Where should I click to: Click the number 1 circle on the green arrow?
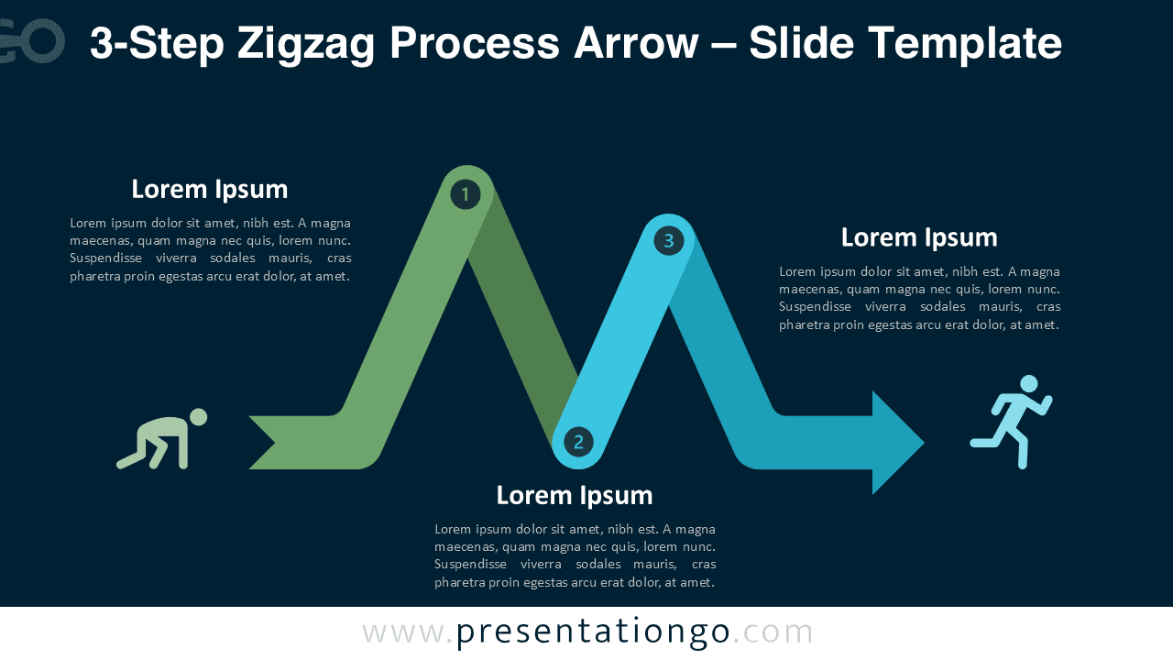(466, 194)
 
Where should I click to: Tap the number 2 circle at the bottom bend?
(578, 442)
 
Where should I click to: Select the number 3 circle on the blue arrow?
(668, 241)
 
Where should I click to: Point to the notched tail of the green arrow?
(270, 443)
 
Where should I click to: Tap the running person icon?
(1012, 422)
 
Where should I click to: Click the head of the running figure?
(1029, 383)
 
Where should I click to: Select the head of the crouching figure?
(198, 418)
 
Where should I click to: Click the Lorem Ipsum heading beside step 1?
(210, 190)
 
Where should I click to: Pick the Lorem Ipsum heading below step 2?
(575, 496)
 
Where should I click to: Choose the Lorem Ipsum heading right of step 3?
(919, 237)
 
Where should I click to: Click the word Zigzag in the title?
(308, 44)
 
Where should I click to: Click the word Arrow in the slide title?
(635, 44)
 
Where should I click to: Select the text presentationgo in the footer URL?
(593, 632)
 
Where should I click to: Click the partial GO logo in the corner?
(32, 41)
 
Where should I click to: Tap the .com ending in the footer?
(773, 632)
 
